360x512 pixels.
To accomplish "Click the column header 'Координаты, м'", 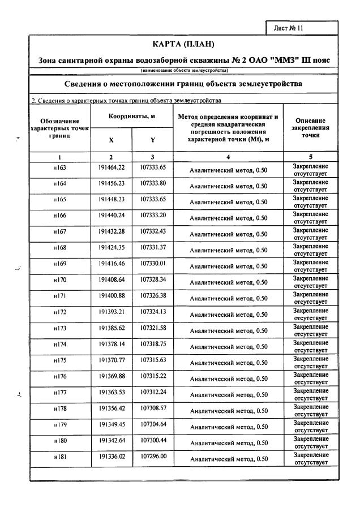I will [x=132, y=116].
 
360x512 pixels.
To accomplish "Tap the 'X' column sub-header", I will [x=111, y=140].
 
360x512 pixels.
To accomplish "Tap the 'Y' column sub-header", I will [x=152, y=140].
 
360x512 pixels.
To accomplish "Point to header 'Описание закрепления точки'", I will [x=310, y=128].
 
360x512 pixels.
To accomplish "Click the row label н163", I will [x=59, y=168].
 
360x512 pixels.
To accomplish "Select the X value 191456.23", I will [x=111, y=184].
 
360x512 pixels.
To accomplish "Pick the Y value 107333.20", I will [x=153, y=216].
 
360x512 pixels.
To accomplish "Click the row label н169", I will [x=59, y=264].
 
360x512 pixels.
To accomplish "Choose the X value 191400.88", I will [x=111, y=295].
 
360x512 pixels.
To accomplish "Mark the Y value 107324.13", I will [x=153, y=311].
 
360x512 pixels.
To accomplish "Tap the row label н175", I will [x=59, y=360].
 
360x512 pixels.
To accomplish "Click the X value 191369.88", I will [x=111, y=376].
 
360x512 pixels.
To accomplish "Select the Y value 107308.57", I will [x=153, y=407].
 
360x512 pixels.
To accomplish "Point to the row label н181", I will [x=59, y=455].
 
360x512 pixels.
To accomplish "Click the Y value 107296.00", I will [x=153, y=455].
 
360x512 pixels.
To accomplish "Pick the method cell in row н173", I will [x=228, y=330].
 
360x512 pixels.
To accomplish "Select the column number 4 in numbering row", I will [x=228, y=157].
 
